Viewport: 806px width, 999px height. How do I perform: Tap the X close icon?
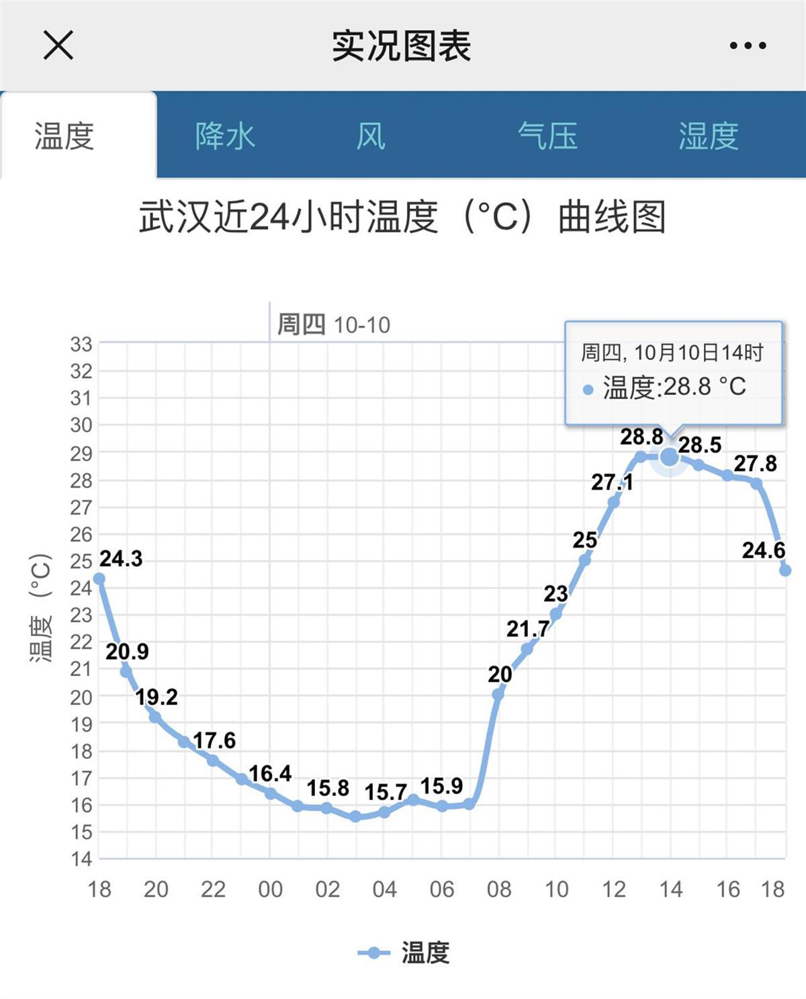point(58,46)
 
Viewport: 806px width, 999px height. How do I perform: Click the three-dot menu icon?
point(748,46)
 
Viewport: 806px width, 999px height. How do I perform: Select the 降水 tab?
point(225,136)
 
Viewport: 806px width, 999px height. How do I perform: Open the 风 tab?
point(371,136)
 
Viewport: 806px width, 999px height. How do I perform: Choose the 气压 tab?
point(547,136)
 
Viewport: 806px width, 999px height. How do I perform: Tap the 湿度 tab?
point(708,136)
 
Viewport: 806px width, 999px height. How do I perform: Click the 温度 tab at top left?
point(64,136)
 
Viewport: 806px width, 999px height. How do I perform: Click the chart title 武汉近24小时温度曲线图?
point(402,217)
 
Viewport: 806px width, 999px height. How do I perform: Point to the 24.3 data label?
point(121,559)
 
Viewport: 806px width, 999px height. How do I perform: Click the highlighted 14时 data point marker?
point(670,457)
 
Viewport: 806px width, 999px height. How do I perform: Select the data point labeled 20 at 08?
point(498,694)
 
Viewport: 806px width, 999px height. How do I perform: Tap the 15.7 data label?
point(386,793)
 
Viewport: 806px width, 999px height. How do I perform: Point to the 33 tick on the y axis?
point(81,345)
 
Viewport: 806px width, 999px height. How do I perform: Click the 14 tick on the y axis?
point(81,859)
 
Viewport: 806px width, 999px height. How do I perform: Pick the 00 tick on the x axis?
point(270,889)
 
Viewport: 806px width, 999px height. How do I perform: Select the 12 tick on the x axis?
point(613,889)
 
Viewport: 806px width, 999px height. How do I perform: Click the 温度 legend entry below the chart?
point(404,953)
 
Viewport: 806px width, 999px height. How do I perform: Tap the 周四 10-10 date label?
point(333,325)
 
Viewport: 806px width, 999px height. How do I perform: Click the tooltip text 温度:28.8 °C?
point(674,387)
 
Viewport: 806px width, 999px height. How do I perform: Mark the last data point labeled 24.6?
point(785,570)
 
